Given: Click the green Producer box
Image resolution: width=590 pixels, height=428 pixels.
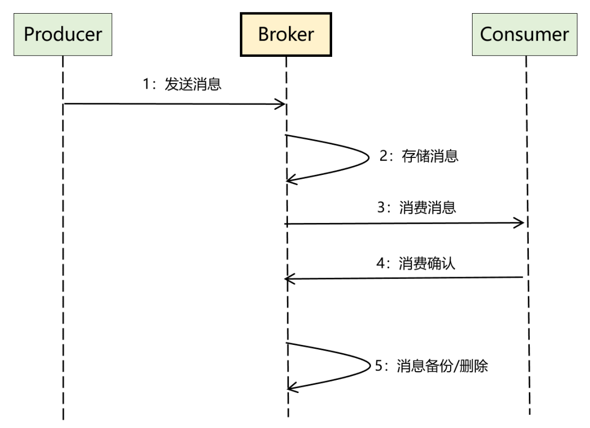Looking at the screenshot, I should point(63,34).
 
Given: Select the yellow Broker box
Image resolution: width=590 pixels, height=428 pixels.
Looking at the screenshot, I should point(286,34).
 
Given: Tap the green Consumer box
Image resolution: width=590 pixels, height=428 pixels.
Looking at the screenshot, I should point(524,34).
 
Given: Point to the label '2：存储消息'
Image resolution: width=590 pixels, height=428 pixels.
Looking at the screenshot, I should point(419,156).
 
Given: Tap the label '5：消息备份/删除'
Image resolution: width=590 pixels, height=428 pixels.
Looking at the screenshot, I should point(431,366).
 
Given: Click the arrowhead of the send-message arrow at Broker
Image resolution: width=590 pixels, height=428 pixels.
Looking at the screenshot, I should point(282,104).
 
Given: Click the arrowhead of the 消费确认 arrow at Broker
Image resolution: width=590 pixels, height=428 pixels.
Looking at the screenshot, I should point(288,279).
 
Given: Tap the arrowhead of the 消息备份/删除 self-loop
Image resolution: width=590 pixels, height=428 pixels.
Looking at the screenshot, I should point(290,387).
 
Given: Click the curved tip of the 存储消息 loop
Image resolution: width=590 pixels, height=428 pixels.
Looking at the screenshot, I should point(369,157).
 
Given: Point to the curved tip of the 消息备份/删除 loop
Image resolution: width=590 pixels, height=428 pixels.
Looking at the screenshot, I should point(369,365).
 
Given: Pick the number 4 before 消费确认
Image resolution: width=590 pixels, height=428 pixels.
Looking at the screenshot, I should point(380,264).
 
